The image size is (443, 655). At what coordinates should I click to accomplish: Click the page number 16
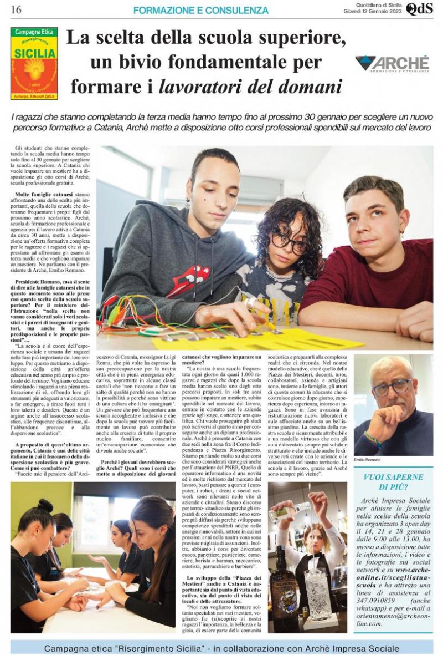16,10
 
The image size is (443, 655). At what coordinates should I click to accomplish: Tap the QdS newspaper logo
419,9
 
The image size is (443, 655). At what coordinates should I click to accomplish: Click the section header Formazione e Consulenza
201,11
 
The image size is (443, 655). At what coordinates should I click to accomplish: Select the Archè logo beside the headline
393,64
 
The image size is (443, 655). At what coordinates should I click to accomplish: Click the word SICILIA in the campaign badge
34,53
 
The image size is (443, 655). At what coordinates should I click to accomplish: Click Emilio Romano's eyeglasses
393,387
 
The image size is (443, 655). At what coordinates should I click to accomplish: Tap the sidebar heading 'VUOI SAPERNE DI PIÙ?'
393,482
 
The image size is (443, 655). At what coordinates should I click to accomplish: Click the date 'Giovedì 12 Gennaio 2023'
373,11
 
